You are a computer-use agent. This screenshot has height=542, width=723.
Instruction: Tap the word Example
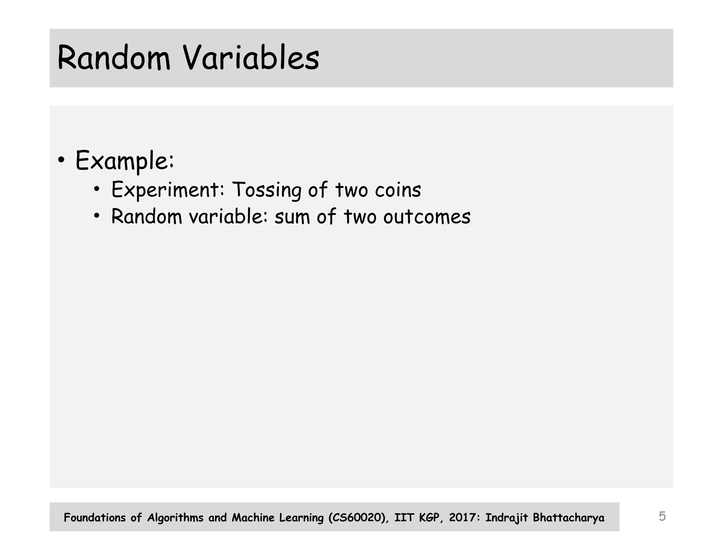coord(124,161)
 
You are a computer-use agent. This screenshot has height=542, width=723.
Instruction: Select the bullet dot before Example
coord(61,160)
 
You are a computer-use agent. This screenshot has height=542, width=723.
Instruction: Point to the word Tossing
coord(267,190)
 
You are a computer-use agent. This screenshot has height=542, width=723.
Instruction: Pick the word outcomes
coord(427,217)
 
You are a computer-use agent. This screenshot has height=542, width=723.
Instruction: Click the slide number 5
coord(662,516)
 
